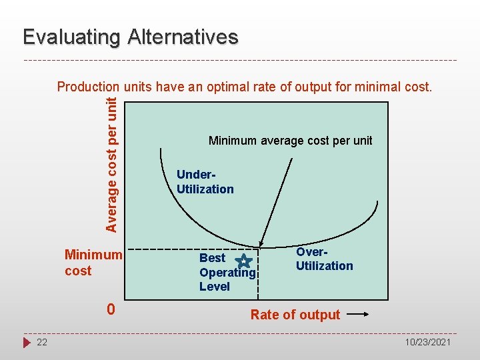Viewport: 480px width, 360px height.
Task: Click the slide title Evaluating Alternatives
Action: [130, 37]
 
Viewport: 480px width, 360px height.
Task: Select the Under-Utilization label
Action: [205, 182]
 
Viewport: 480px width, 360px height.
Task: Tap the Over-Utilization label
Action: [324, 259]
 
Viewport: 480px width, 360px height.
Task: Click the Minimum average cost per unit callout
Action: [290, 141]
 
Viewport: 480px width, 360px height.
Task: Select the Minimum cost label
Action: [93, 263]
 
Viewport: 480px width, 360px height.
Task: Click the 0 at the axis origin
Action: [111, 310]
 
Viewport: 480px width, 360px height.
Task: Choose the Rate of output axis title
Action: [295, 315]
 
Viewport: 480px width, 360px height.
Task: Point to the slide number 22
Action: [42, 342]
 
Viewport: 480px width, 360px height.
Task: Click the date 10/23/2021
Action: [429, 342]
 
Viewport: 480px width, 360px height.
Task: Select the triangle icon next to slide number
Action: [27, 342]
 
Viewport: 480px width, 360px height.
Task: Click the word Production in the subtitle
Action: [87, 87]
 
